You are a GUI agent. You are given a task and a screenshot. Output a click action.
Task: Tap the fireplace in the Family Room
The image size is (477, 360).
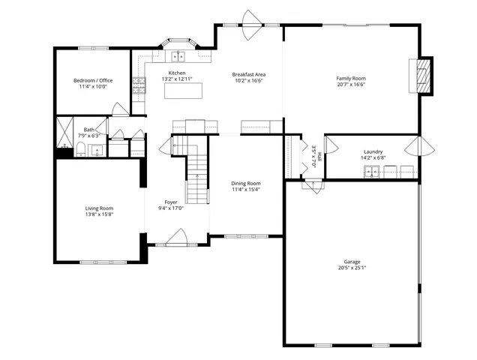pyautogui.click(x=424, y=76)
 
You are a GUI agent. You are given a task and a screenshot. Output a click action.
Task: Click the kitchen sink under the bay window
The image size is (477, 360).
pyautogui.click(x=178, y=55)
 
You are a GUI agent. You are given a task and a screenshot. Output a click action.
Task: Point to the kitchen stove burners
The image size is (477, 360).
pyautogui.click(x=139, y=85)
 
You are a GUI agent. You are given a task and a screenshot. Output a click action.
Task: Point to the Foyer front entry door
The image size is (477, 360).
pyautogui.click(x=177, y=238)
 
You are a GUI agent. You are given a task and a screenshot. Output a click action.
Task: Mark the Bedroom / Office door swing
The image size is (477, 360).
pyautogui.click(x=120, y=109)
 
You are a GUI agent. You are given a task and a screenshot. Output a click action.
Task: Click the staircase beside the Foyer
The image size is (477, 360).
pyautogui.click(x=196, y=169)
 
